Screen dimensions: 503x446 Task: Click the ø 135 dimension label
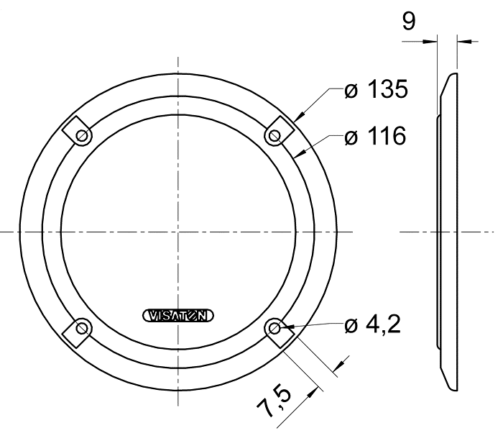pos(376,89)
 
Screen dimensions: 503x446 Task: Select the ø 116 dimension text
pos(375,136)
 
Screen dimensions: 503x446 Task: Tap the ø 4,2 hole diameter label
pos(372,325)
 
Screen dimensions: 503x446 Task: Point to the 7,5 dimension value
pos(274,401)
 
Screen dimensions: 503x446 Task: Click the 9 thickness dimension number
pos(409,21)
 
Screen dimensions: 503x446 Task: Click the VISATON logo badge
pos(178,316)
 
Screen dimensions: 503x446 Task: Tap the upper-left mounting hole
pos(82,136)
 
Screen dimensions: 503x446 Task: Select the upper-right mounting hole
pos(274,136)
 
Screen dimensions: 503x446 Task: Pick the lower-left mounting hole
pos(82,328)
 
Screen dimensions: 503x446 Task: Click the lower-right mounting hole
pos(274,328)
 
